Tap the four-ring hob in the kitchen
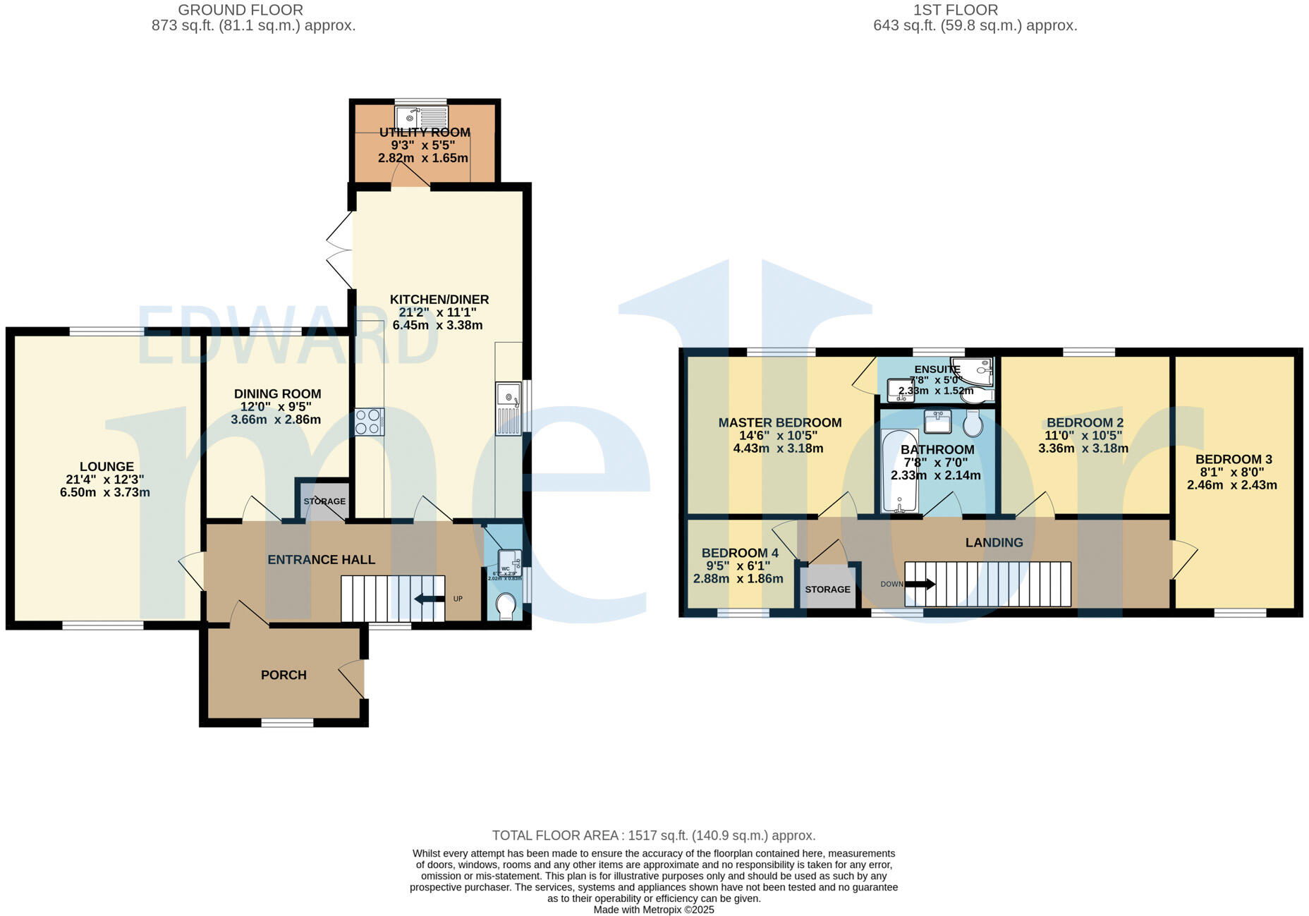[370, 422]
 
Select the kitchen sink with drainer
[509, 408]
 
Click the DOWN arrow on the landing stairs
[920, 584]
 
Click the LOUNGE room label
[106, 466]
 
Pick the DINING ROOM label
[277, 393]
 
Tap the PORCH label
[284, 675]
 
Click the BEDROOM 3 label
[1234, 459]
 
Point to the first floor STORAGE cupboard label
[828, 589]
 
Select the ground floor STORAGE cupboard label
[324, 501]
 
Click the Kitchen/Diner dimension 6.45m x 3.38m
[437, 325]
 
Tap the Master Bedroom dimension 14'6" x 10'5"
[778, 436]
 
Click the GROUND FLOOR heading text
[241, 10]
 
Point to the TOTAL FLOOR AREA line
[653, 835]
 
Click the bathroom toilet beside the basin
[973, 425]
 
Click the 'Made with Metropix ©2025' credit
[653, 910]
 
